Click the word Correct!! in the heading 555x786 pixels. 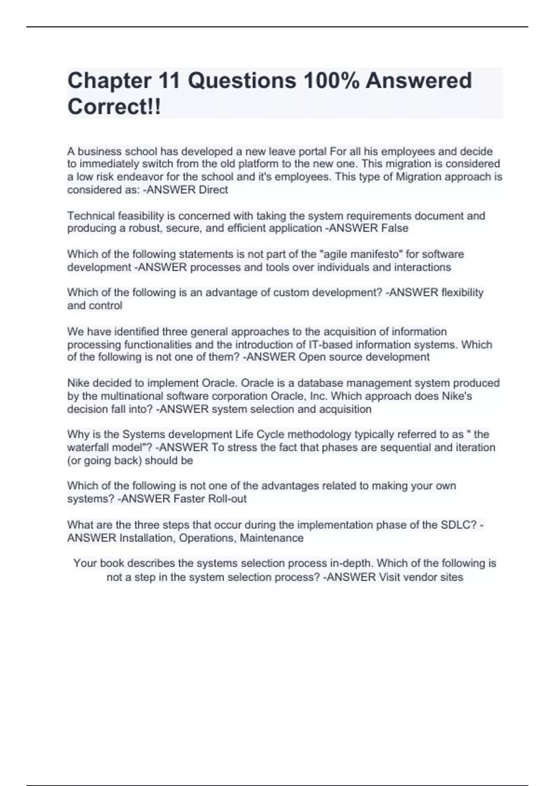coord(114,107)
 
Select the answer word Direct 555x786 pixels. coord(213,190)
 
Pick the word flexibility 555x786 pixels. coord(462,293)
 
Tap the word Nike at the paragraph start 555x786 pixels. coord(78,383)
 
